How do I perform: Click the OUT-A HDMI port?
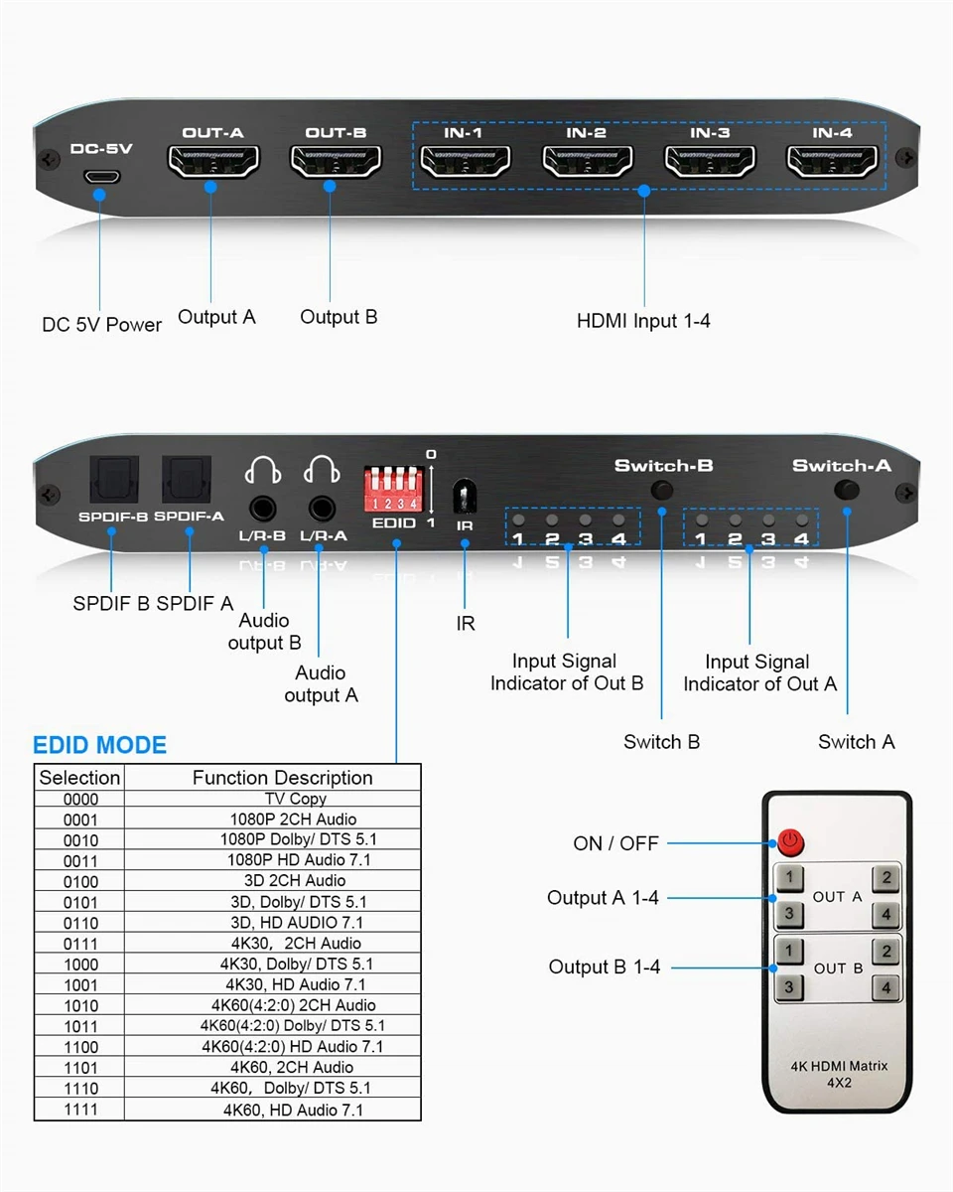214,162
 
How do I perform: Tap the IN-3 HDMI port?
709,162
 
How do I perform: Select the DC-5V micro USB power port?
100,178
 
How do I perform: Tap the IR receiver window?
464,496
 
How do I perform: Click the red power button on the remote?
790,843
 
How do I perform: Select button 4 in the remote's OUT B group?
886,987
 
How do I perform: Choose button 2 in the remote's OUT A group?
886,878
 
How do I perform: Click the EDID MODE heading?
99,746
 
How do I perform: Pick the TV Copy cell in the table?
295,799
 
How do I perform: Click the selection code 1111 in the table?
80,1110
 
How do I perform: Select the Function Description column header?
282,778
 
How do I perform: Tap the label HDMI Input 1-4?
643,321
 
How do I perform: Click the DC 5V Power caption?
101,325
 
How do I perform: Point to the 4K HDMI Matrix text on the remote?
839,1066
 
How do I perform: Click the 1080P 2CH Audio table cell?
295,819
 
